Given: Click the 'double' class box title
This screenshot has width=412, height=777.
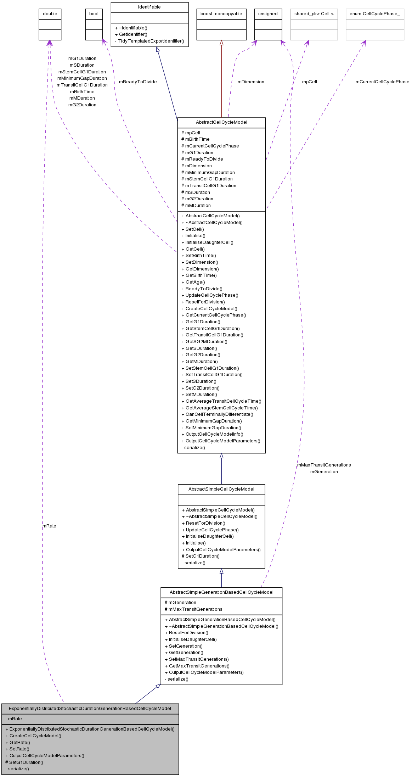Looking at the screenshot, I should coord(50,14).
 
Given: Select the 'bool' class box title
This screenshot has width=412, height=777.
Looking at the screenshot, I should coord(94,14).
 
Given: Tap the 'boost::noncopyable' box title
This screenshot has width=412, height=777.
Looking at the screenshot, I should coord(221,14).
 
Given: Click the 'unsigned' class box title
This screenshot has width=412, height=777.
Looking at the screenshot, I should coord(268,14).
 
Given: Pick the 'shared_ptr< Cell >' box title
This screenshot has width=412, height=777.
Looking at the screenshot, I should coord(314,14).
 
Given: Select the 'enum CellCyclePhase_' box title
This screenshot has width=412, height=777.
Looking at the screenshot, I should coord(375,14).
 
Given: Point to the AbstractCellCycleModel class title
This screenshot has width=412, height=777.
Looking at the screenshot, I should coord(221,122).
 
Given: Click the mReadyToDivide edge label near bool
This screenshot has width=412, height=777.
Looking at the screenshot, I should coord(138,82).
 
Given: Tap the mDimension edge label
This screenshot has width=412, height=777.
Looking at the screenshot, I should coord(251,82).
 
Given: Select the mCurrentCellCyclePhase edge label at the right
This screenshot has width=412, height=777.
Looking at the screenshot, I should coord(382,82).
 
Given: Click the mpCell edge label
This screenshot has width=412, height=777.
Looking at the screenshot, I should coord(309,82).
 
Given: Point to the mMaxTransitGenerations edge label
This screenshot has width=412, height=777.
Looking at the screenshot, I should coord(324,465).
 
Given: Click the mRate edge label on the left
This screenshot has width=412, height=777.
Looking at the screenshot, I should coord(49,526).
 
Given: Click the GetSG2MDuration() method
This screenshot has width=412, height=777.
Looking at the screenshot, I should coord(206,342).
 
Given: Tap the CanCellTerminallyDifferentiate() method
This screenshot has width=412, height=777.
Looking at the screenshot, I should coord(219,414).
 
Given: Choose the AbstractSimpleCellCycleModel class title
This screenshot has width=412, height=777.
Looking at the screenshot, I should coord(221,489).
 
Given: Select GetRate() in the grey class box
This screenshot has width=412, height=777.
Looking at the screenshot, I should coord(19,743).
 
